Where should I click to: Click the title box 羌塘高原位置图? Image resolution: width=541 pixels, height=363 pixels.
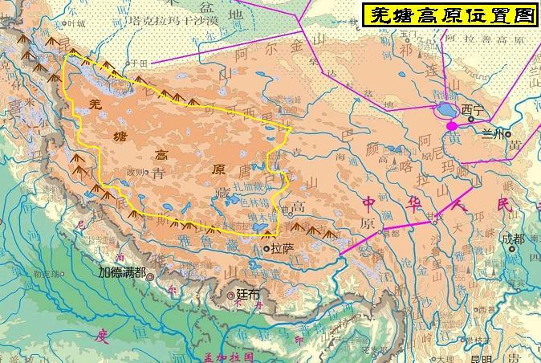coord(449,15)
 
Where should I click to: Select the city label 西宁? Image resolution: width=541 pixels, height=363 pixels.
coord(473,108)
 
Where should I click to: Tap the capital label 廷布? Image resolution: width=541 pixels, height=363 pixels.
coord(249,295)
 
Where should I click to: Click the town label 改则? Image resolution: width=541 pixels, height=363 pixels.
coord(136,172)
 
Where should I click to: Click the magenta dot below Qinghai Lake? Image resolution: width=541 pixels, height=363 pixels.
coord(452,126)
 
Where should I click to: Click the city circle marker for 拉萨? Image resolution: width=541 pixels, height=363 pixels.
coord(266,250)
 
